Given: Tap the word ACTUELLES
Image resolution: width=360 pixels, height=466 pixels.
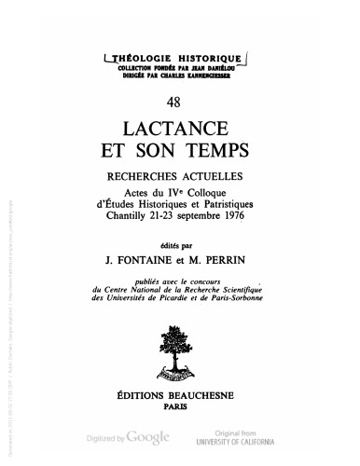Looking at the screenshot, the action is [x=217, y=174].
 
